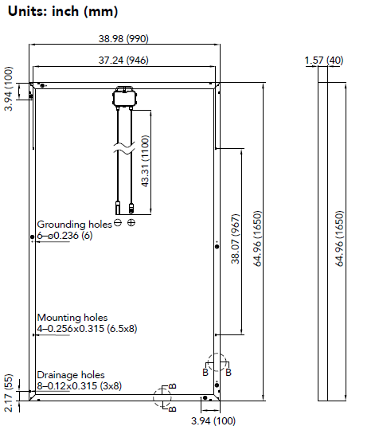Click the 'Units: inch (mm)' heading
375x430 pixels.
pos(63,11)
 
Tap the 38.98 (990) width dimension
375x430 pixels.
pos(123,38)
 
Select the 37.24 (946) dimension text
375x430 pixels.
pos(123,60)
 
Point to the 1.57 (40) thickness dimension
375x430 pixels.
pos(324,60)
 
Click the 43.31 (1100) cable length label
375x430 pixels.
pos(145,161)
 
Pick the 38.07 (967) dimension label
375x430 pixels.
pos(236,239)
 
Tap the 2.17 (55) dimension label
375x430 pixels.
pos(9,393)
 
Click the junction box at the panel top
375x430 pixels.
pos(125,97)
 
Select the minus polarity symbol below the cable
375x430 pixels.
pos(118,223)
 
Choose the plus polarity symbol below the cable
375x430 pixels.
pos(131,223)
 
